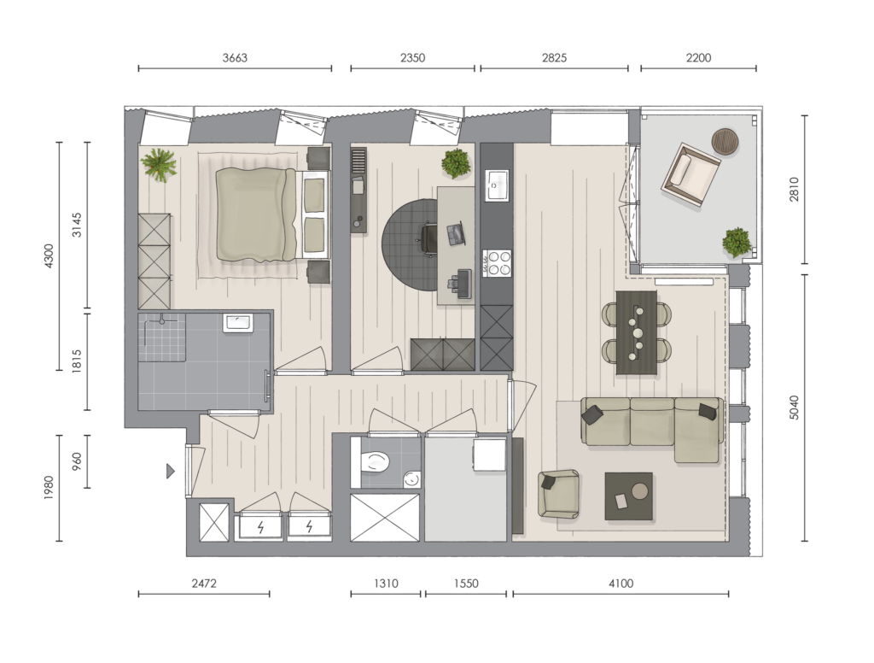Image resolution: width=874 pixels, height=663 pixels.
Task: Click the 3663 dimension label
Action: pyautogui.click(x=235, y=57)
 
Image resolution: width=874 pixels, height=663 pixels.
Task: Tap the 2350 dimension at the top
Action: pyautogui.click(x=412, y=57)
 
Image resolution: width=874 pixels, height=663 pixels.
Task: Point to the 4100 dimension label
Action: pyautogui.click(x=621, y=584)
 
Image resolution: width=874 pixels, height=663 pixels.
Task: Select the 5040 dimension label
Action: pyautogui.click(x=795, y=408)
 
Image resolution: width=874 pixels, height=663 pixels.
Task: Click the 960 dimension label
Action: pyautogui.click(x=77, y=461)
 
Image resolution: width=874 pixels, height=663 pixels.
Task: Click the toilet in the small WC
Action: pyautogui.click(x=374, y=462)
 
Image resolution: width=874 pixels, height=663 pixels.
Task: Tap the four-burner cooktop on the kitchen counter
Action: pyautogui.click(x=497, y=263)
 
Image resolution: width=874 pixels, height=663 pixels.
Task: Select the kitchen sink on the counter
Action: pyautogui.click(x=496, y=185)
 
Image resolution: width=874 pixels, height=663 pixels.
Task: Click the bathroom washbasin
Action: pyautogui.click(x=238, y=323)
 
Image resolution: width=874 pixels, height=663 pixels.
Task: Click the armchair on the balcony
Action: pyautogui.click(x=690, y=176)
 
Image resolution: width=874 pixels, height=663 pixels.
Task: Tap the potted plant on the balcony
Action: pyautogui.click(x=737, y=243)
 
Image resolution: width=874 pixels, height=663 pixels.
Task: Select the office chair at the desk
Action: pyautogui.click(x=428, y=238)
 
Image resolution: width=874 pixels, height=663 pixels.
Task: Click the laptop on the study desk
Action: pyautogui.click(x=456, y=234)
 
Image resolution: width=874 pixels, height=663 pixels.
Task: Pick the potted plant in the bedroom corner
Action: pyautogui.click(x=159, y=165)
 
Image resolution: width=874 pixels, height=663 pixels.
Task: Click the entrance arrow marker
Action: pyautogui.click(x=171, y=472)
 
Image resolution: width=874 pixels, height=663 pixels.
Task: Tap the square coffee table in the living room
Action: pyautogui.click(x=629, y=496)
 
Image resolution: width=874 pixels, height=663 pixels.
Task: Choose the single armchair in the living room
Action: pyautogui.click(x=558, y=494)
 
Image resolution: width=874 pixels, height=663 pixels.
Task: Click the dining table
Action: pyautogui.click(x=637, y=332)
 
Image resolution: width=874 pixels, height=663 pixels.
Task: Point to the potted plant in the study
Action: pyautogui.click(x=456, y=163)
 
